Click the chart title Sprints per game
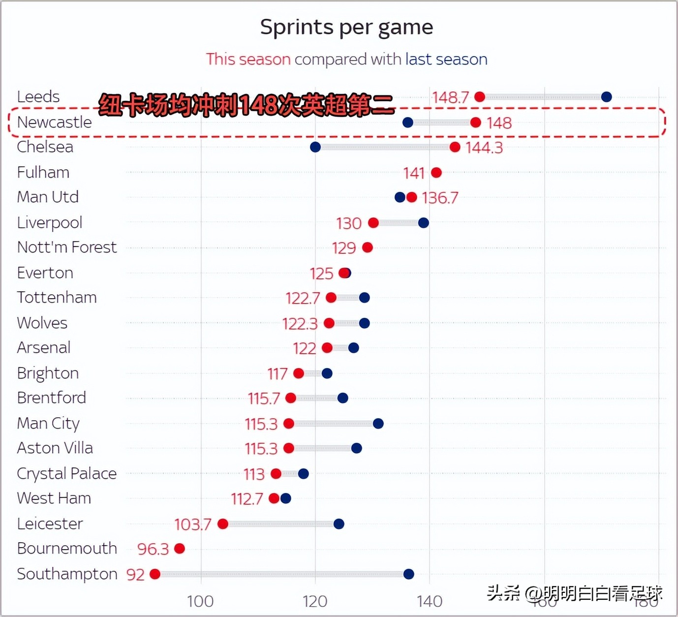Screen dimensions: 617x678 pos(346,28)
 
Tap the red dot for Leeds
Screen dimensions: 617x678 pos(480,97)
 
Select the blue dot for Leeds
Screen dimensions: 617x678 pos(606,97)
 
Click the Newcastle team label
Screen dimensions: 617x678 pos(54,122)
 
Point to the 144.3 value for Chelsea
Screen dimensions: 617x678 pos(484,148)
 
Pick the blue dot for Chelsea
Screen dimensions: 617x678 pos(315,147)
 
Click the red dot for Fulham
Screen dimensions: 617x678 pos(436,173)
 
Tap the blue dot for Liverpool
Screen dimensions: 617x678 pos(423,223)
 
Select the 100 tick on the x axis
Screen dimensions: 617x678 pos(201,601)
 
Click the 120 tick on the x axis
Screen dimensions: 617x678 pos(315,601)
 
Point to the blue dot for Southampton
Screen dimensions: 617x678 pos(408,574)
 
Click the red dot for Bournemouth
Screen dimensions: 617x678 pos(180,549)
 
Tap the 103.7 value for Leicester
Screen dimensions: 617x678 pos(192,524)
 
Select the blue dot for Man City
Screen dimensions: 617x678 pos(378,423)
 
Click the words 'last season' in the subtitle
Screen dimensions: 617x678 pos(446,60)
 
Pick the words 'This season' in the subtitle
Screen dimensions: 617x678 pos(248,60)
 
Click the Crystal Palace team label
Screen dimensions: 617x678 pos(67,473)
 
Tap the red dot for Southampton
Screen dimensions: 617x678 pos(155,574)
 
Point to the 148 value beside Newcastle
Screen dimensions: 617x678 pos(499,123)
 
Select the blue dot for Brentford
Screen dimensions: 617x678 pos(343,398)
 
